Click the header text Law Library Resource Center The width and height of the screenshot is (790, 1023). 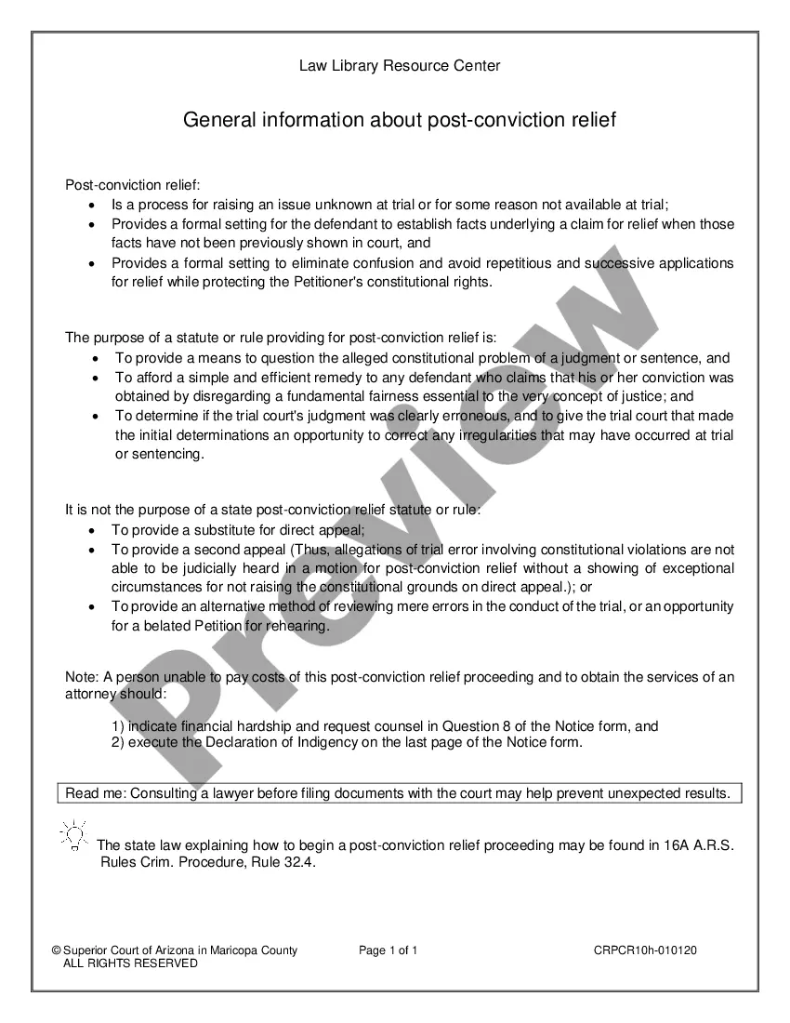(400, 65)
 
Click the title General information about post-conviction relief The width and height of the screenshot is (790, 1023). (400, 120)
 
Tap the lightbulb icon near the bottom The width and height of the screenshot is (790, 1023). (73, 834)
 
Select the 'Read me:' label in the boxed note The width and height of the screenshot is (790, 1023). (95, 793)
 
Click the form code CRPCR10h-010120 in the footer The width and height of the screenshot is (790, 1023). (645, 950)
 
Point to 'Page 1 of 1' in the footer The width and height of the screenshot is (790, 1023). (388, 950)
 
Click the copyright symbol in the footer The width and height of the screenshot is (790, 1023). (56, 950)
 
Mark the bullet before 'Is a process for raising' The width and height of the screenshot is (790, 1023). (91, 205)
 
